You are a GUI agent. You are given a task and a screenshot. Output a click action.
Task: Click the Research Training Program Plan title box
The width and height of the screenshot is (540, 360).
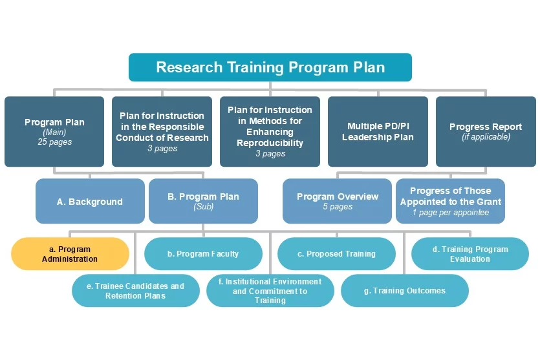(270, 67)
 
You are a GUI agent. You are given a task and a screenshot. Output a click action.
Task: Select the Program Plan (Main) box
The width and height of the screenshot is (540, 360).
(54, 131)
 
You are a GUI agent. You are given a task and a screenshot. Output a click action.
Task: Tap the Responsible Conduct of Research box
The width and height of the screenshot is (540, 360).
(162, 131)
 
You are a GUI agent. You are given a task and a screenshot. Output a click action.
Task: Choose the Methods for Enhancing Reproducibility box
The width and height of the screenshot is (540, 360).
(270, 131)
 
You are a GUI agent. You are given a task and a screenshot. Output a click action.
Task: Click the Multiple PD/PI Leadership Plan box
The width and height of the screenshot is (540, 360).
(378, 131)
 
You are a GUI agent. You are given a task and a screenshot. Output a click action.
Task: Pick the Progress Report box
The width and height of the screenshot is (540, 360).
(486, 131)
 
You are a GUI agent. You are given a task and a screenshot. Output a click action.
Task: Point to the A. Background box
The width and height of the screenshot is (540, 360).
(90, 201)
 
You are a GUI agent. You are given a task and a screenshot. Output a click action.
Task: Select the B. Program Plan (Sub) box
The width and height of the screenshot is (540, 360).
(203, 201)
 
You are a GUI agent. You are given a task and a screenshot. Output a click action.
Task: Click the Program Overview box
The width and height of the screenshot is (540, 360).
(337, 201)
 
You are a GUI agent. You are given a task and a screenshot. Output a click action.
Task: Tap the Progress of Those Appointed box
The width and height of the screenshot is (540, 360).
(451, 201)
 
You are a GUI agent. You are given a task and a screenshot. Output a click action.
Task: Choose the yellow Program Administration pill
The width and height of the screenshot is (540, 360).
(70, 253)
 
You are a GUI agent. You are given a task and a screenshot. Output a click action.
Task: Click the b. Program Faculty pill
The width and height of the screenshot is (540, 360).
(203, 253)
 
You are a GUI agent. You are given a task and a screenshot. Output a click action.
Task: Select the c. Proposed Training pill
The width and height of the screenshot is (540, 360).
(336, 253)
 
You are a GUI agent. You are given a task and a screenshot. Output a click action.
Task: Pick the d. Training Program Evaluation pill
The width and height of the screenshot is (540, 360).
(470, 253)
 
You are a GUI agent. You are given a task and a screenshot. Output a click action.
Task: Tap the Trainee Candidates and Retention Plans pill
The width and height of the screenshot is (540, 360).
(136, 290)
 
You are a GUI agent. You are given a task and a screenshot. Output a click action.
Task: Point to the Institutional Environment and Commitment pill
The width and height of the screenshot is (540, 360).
(270, 290)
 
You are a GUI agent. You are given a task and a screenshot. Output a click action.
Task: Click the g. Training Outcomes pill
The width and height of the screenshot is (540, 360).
(405, 290)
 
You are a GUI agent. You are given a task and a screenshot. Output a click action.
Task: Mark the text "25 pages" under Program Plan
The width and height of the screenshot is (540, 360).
(55, 142)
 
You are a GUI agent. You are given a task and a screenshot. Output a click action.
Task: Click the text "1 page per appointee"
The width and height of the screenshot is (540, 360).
(451, 213)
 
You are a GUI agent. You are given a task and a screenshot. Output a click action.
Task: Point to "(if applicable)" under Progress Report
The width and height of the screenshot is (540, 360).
(486, 136)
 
